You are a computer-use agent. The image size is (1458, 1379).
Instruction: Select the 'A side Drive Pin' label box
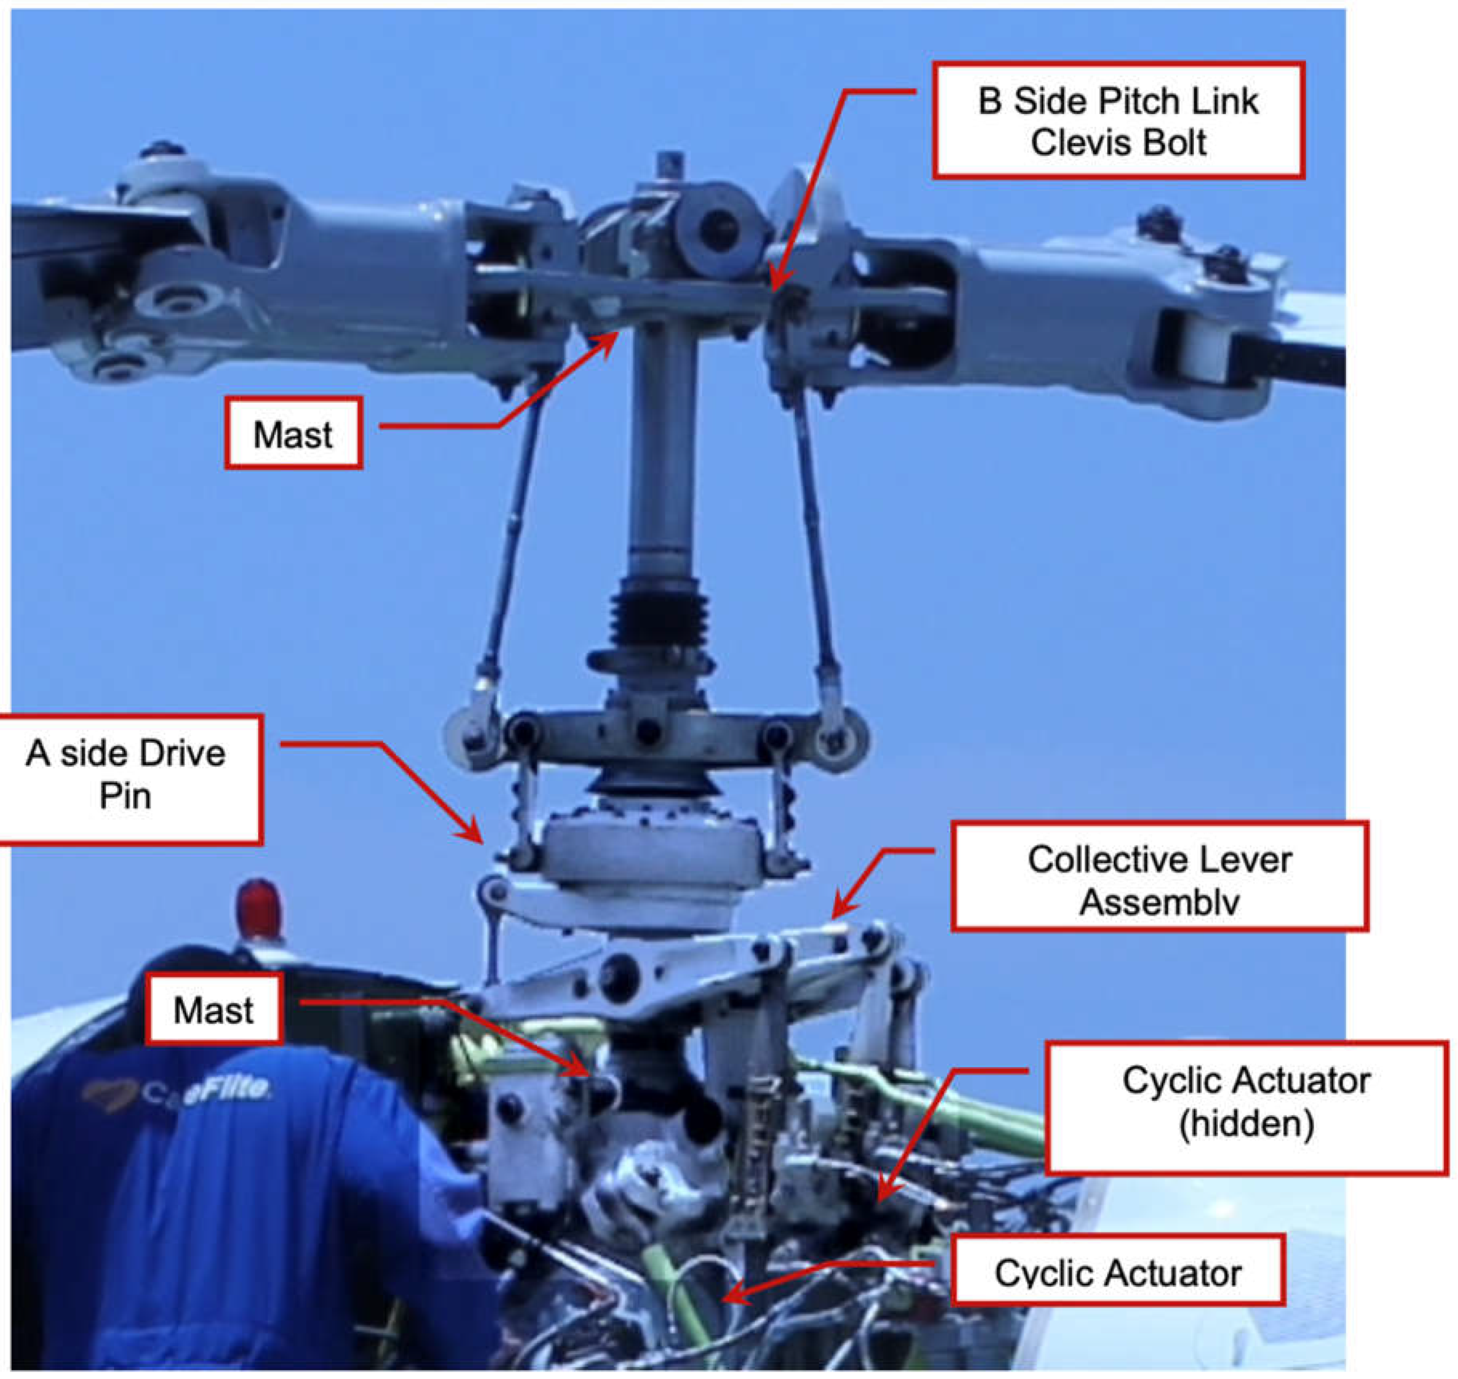click(127, 779)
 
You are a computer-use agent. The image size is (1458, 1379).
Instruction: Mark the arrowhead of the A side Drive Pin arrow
click(477, 838)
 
